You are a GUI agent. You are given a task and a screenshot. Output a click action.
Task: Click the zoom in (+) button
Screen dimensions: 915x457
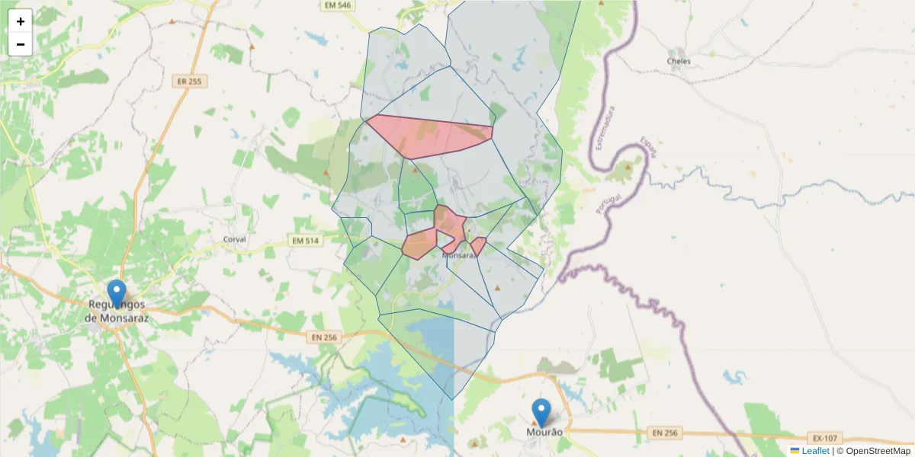[x=21, y=21]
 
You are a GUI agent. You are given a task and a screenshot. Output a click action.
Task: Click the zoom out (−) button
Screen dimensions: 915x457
[x=21, y=44]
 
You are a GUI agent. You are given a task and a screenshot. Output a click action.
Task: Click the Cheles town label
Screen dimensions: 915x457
[x=679, y=61]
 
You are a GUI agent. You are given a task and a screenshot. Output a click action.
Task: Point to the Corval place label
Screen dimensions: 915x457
[x=234, y=239]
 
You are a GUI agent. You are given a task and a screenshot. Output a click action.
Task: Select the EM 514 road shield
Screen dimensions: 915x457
[x=306, y=241]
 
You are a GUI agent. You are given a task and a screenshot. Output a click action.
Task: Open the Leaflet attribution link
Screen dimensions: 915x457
[x=815, y=451]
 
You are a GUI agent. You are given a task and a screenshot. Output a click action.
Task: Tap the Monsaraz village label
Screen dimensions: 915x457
[x=460, y=256]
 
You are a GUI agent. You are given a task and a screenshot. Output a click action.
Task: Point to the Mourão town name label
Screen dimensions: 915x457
[x=544, y=432]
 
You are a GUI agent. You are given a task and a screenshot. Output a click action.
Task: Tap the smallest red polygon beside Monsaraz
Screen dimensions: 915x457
[x=478, y=246]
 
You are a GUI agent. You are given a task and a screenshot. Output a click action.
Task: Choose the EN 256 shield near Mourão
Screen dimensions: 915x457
[x=665, y=433]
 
